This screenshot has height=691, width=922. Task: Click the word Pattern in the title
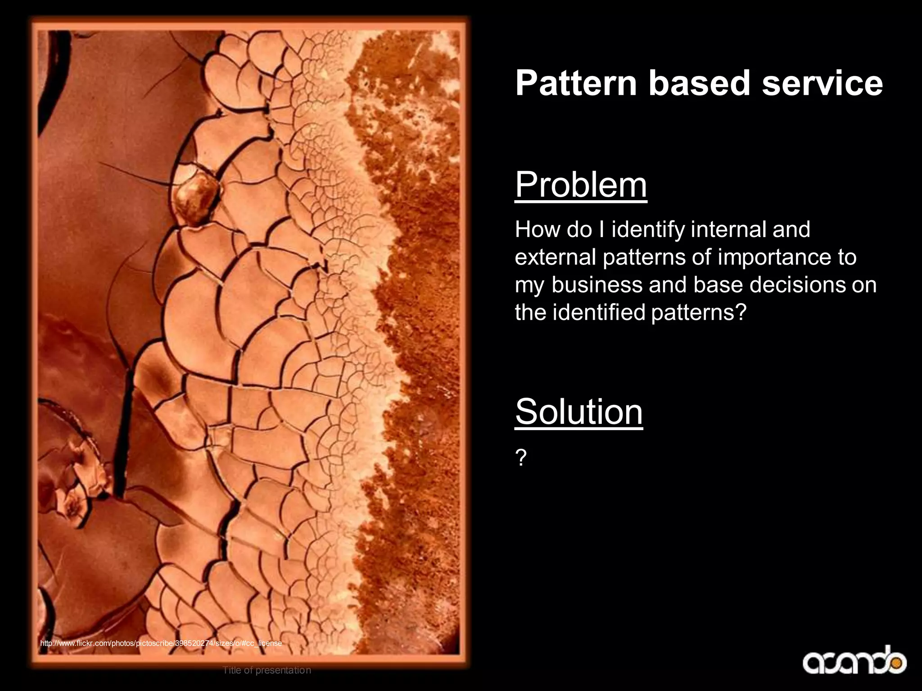[x=576, y=83]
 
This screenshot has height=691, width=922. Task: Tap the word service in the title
[x=822, y=83]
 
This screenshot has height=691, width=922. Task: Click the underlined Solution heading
[x=579, y=412]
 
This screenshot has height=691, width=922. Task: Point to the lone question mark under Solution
[x=520, y=458]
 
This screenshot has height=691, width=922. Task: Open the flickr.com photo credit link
[x=161, y=643]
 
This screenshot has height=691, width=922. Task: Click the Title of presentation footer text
[x=267, y=670]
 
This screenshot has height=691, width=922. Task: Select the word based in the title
[x=699, y=83]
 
